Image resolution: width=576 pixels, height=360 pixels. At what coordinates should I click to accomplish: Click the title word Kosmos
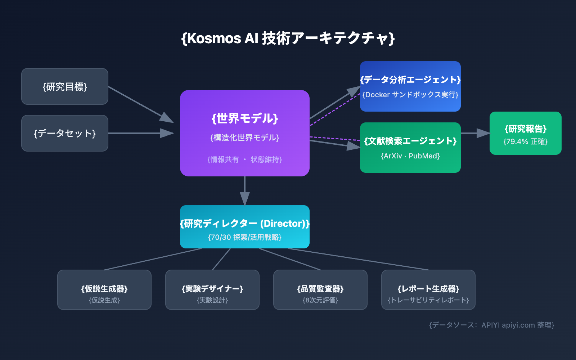[214, 38]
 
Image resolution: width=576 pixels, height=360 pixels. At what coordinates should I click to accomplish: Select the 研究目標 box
[65, 86]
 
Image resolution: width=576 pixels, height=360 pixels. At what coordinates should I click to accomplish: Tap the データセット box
[65, 133]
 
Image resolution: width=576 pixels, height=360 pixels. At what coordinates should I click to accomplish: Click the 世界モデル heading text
[245, 118]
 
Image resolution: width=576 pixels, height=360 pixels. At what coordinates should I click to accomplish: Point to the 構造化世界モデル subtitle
[245, 138]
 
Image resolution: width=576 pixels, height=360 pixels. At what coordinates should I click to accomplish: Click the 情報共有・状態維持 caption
[245, 159]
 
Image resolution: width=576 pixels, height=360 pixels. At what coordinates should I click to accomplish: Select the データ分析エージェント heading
[410, 80]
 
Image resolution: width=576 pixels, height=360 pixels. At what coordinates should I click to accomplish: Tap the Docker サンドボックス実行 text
[410, 95]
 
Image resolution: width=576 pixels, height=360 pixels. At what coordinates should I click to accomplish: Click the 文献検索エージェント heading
[410, 141]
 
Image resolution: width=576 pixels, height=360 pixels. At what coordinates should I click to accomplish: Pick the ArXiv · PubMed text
[410, 156]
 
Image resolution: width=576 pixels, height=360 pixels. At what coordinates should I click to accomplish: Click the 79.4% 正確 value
[526, 141]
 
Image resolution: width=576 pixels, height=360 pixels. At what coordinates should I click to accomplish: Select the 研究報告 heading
[526, 129]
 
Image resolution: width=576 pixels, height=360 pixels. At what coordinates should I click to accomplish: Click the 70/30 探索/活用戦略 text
[245, 237]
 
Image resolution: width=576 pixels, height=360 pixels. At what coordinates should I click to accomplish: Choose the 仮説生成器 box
[104, 290]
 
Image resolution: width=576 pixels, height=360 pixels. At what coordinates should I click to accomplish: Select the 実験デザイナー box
[212, 290]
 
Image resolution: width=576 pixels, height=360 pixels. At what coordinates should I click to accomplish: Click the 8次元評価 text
[320, 300]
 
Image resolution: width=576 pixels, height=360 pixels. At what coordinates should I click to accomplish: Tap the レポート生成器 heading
[428, 289]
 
